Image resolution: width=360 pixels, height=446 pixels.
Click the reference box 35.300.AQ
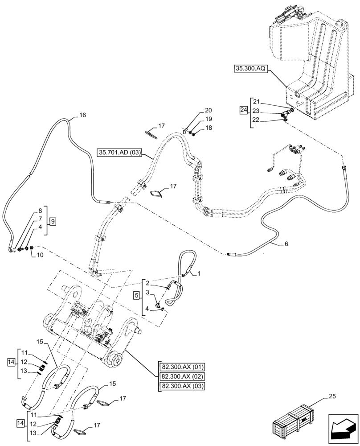pos(250,70)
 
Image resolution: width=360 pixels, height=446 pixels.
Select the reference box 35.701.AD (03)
pos(119,153)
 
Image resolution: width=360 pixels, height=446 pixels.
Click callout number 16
pos(82,115)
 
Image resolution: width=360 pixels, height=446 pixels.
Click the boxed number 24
pos(243,110)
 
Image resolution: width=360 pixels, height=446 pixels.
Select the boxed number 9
pos(53,221)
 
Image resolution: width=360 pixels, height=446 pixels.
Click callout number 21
pos(258,102)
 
